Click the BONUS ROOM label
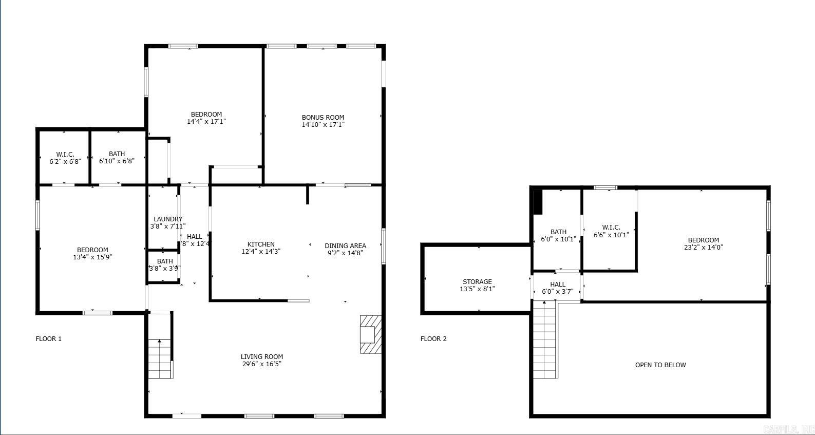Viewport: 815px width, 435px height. coord(323,118)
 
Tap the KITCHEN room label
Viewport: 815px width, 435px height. coord(261,244)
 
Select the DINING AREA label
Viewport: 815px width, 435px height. coord(345,245)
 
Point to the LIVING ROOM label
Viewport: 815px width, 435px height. coord(262,357)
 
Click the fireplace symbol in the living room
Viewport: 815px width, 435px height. coord(370,334)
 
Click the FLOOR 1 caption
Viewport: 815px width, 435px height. coord(48,339)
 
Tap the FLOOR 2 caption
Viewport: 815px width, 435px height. coord(433,339)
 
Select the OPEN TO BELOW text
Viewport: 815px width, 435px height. coord(660,365)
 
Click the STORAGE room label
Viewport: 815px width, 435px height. coord(477,282)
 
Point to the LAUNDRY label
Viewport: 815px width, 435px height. coord(168,219)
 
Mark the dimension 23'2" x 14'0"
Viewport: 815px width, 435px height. coord(703,247)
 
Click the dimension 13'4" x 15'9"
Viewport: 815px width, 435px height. coord(92,257)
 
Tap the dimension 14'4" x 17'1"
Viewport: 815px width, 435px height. coord(206,122)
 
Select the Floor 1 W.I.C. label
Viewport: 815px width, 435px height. coord(65,154)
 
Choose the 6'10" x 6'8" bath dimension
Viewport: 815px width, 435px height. coord(117,161)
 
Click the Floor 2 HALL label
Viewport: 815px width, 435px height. coord(558,285)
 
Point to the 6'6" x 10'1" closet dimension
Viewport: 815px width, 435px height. coord(611,235)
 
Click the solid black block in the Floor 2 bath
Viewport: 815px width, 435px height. coord(537,202)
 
